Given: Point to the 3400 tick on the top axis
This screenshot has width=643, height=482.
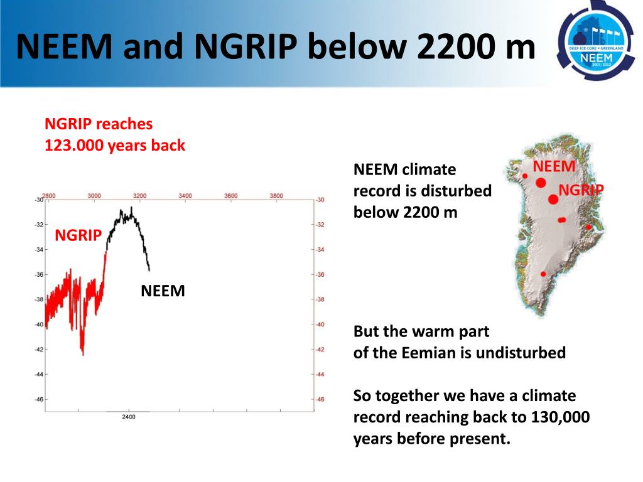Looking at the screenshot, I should [185, 196].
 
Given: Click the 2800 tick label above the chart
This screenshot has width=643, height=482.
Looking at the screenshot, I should [49, 196].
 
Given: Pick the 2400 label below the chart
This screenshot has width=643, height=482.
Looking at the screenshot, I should [128, 417].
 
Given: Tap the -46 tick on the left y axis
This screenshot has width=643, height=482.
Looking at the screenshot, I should [38, 399].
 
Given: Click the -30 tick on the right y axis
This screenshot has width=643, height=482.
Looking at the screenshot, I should [320, 200].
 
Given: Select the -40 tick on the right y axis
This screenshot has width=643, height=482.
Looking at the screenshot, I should [320, 324].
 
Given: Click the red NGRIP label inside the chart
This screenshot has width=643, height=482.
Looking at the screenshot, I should [78, 236].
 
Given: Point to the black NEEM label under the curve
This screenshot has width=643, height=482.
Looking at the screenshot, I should [163, 291].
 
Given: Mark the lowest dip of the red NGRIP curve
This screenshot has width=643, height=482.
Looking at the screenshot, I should [82, 353].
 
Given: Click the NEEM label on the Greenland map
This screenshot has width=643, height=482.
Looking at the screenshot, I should [554, 166].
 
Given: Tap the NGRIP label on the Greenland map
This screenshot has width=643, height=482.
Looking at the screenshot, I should [581, 190].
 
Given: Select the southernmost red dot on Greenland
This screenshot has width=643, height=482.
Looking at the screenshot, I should [543, 274].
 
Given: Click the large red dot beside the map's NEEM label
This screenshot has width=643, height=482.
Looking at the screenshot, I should [541, 183].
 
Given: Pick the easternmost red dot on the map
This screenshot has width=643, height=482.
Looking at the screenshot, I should [588, 227].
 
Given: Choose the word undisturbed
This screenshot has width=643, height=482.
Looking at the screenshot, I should [521, 353].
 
